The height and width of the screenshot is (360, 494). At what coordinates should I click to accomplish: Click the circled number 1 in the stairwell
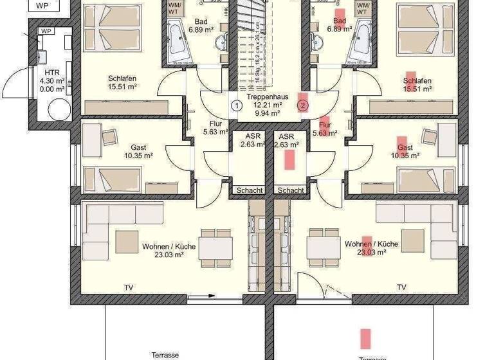(236, 105)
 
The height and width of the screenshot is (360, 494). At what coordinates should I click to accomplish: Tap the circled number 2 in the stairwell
(303, 105)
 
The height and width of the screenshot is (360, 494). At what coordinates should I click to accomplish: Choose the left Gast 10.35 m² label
(138, 151)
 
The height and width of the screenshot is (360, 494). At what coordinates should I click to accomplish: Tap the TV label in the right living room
(401, 287)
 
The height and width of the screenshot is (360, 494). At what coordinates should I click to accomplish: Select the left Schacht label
(249, 190)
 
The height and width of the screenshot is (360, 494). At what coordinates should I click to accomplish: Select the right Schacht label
(291, 190)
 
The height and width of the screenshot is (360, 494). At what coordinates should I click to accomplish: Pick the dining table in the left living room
(215, 247)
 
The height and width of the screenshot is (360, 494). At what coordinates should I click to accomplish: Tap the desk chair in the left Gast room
(109, 136)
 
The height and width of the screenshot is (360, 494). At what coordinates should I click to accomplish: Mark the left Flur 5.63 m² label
(215, 129)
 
